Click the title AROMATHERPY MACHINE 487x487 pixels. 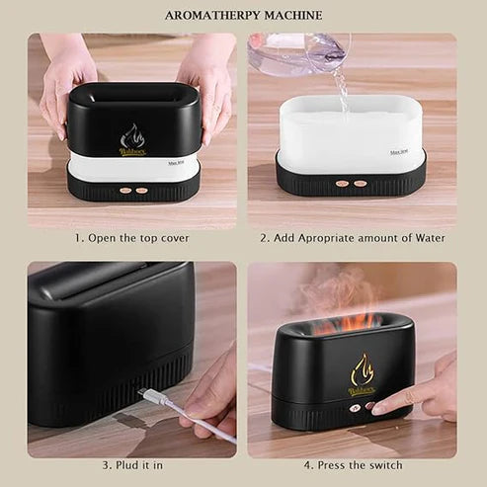[243, 16]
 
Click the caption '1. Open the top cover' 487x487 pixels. [132, 238]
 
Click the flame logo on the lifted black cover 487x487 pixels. [132, 139]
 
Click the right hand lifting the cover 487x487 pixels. [208, 79]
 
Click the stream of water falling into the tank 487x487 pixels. [342, 91]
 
